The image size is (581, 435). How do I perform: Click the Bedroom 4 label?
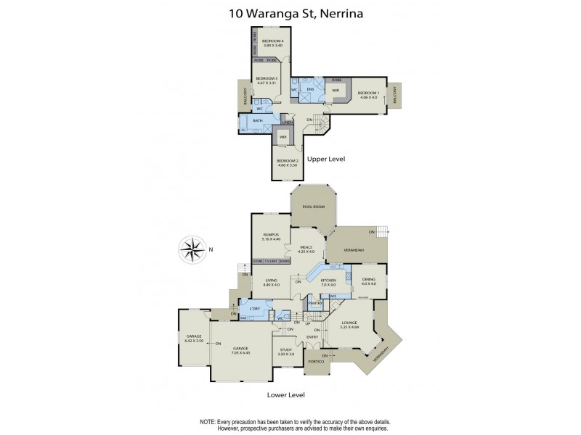[x=272, y=40]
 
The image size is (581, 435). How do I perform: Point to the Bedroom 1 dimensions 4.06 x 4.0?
[x=370, y=98]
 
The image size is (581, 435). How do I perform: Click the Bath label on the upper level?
[x=257, y=121]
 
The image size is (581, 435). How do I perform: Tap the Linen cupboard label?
[x=288, y=123]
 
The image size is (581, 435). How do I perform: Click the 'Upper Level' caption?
[x=326, y=158]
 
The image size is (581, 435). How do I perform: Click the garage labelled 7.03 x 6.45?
[x=240, y=352]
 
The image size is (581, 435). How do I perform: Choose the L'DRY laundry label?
[x=254, y=310]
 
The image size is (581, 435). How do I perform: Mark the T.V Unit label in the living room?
[x=270, y=260]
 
